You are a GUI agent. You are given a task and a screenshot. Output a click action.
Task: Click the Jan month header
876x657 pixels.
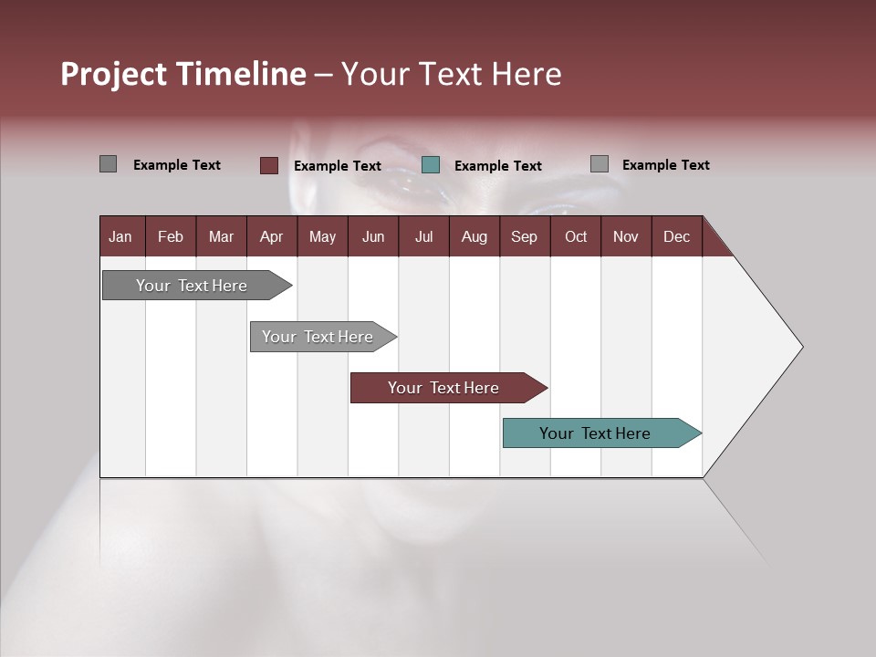121,236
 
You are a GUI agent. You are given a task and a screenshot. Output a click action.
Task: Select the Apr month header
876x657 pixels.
271,236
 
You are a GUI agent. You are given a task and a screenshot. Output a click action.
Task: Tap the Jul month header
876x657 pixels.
423,236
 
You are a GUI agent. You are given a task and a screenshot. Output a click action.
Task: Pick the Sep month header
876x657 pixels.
524,236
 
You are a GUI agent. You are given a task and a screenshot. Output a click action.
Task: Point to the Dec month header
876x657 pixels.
676,236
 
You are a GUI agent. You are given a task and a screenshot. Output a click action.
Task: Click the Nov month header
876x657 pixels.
625,236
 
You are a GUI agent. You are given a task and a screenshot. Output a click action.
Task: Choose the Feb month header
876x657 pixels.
171,236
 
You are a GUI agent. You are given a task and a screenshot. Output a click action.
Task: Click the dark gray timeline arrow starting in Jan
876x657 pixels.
192,286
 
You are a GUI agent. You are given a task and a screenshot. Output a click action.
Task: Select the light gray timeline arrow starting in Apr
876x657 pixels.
318,337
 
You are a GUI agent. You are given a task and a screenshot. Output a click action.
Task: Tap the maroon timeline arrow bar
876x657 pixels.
443,388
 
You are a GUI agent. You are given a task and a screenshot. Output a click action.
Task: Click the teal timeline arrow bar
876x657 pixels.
595,433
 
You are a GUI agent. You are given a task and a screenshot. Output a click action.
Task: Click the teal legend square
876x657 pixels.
431,165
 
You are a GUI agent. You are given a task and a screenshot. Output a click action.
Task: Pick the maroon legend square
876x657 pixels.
268,165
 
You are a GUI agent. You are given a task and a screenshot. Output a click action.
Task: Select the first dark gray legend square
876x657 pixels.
108,164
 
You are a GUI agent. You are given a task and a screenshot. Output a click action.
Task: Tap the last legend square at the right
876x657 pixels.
599,164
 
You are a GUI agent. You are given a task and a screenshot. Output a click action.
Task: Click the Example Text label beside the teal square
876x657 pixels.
497,166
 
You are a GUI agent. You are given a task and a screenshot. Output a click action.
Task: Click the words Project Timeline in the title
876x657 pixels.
182,74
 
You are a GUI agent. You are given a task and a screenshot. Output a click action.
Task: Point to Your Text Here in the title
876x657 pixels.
451,74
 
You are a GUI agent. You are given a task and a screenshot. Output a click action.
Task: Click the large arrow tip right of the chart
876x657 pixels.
766,347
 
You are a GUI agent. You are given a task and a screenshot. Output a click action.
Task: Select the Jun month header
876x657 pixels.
372,236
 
